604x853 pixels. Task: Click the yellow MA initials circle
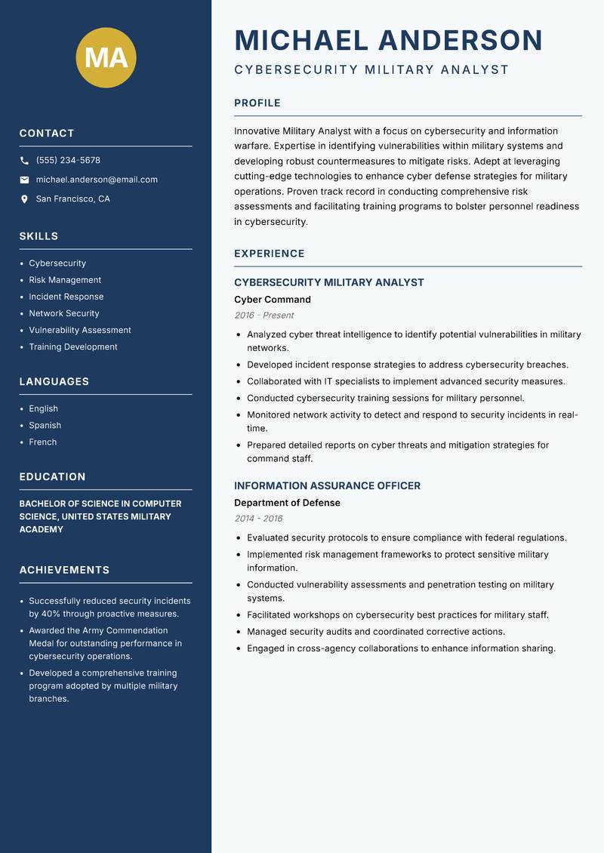click(x=106, y=58)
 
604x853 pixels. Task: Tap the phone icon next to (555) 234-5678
click(x=24, y=161)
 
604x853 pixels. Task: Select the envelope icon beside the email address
click(x=24, y=180)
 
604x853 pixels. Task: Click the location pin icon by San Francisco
click(x=24, y=199)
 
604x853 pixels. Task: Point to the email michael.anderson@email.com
click(x=97, y=180)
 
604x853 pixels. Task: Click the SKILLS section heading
click(x=39, y=236)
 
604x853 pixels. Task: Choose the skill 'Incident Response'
click(x=66, y=297)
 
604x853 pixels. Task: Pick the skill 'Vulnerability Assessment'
click(x=80, y=330)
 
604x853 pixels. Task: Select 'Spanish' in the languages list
click(x=45, y=425)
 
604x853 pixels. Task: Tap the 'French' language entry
click(x=43, y=442)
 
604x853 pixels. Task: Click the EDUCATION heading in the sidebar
click(x=52, y=477)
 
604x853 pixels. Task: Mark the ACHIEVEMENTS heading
click(x=64, y=570)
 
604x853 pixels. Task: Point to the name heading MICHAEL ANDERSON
click(x=389, y=40)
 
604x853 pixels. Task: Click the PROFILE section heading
click(x=257, y=103)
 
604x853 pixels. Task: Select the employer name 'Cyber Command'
click(x=273, y=300)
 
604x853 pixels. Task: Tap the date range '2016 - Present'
click(x=264, y=316)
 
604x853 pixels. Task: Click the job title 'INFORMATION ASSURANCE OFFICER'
click(x=328, y=486)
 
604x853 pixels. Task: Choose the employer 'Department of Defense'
click(x=287, y=503)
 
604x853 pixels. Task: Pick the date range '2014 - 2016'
click(x=258, y=519)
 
